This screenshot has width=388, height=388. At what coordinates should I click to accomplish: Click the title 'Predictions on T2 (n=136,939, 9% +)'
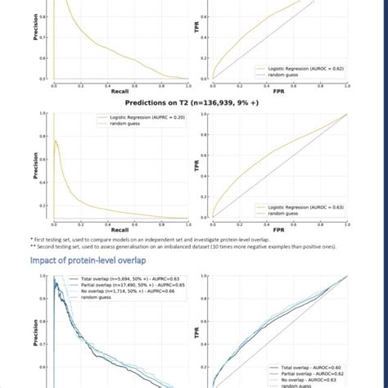click(x=192, y=104)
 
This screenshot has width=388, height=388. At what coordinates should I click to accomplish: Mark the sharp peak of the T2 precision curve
click(x=55, y=141)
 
